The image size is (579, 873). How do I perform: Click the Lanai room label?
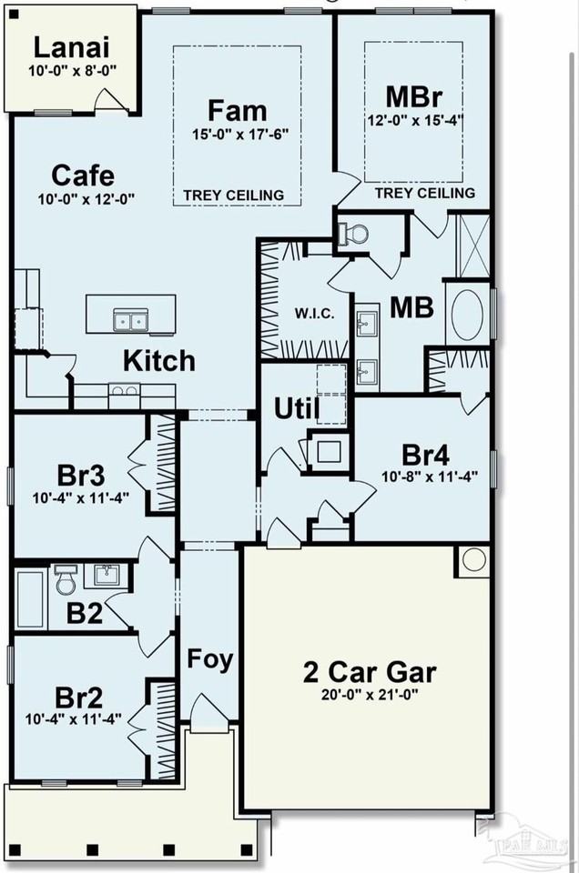[x=71, y=47]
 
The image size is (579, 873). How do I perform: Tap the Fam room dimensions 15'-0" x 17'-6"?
[x=239, y=135]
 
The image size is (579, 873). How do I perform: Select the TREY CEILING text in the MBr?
[x=424, y=193]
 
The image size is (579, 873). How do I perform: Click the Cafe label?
[x=83, y=176]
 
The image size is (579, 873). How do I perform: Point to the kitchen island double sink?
[x=131, y=320]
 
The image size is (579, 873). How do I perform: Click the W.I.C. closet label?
[x=314, y=314]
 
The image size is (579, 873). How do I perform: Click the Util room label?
[x=297, y=409]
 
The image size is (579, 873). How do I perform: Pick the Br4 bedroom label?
[x=425, y=456]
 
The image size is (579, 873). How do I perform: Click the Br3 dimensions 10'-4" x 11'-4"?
[x=81, y=497]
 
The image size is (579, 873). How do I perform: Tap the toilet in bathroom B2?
[x=66, y=579]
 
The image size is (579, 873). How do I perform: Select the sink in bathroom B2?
[x=106, y=575]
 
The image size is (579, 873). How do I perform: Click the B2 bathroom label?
[x=84, y=613]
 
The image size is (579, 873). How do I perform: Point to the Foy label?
[x=209, y=658]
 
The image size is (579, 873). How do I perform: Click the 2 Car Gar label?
[x=370, y=672]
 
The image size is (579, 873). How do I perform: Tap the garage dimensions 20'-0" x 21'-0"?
[x=370, y=694]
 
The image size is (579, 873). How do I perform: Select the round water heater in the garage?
[x=474, y=559]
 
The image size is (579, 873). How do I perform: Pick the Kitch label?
[x=158, y=360]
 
